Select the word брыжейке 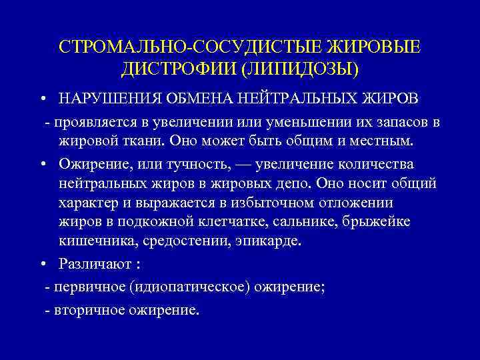click(x=383, y=221)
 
